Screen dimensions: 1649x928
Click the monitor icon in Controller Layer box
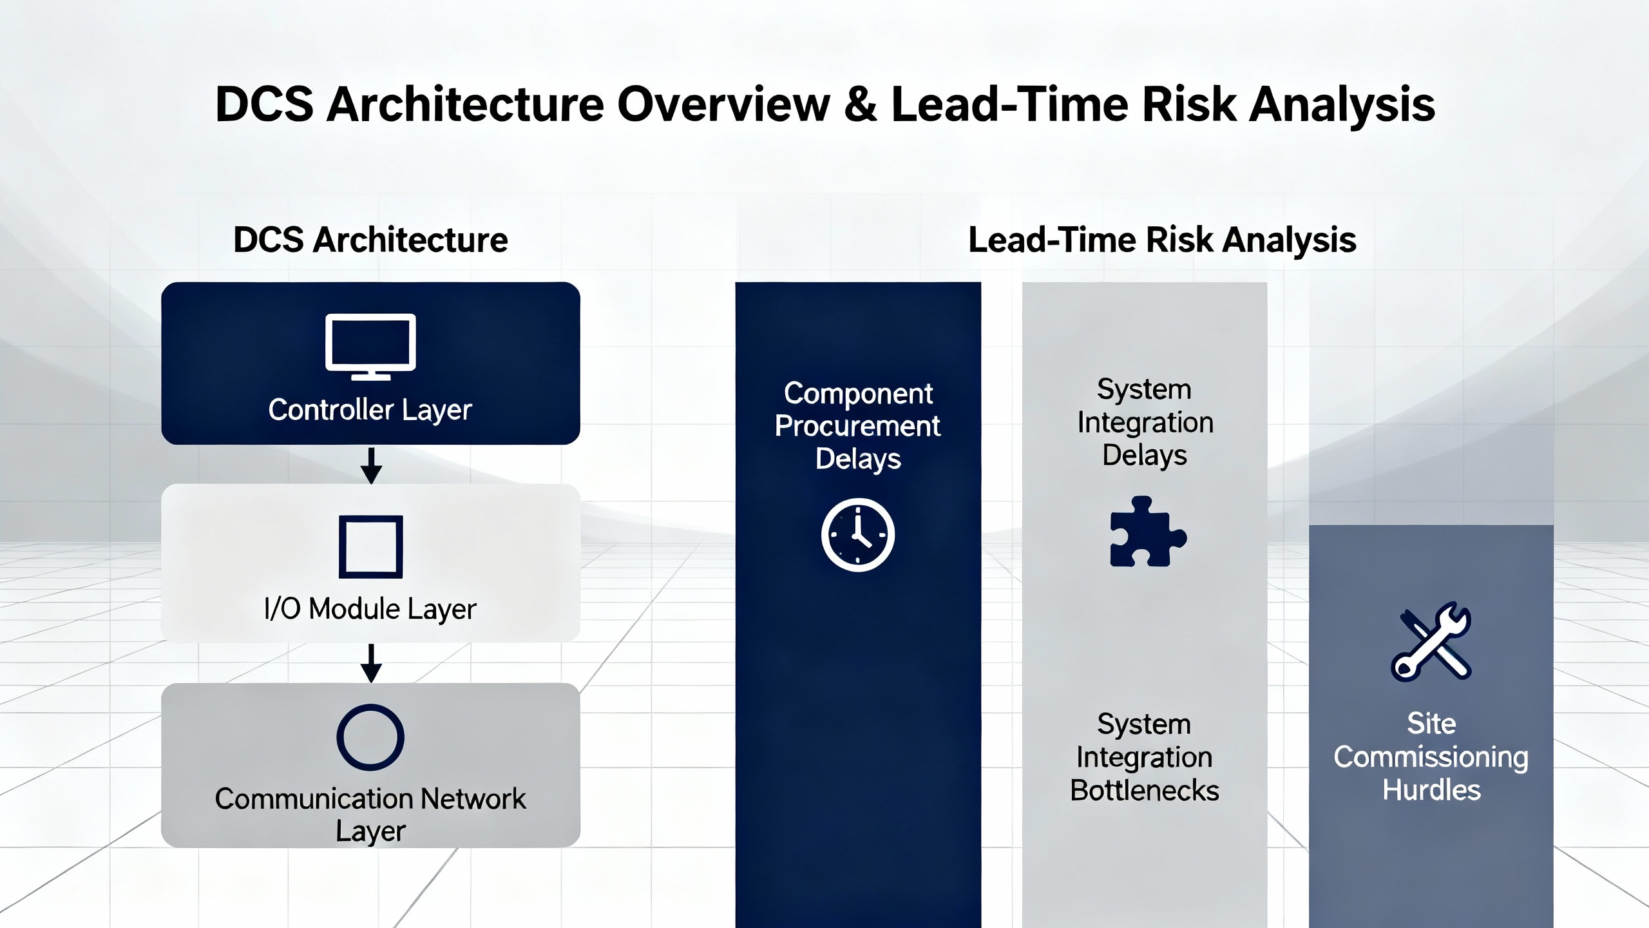coord(370,347)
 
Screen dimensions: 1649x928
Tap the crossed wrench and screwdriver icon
coord(1431,641)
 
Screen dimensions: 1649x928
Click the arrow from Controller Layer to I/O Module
coord(371,465)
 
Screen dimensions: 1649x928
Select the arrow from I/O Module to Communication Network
coord(371,663)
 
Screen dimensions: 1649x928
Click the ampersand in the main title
coord(861,104)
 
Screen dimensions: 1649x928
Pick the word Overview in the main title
coord(724,104)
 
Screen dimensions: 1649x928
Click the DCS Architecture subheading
coord(370,240)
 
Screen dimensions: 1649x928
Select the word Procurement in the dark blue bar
coord(857,426)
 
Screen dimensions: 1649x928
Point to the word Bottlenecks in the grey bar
coord(1145,790)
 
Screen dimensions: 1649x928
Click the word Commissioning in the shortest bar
coord(1431,758)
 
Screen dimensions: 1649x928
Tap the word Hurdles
coord(1431,790)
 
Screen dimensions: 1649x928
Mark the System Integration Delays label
coord(1145,422)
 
